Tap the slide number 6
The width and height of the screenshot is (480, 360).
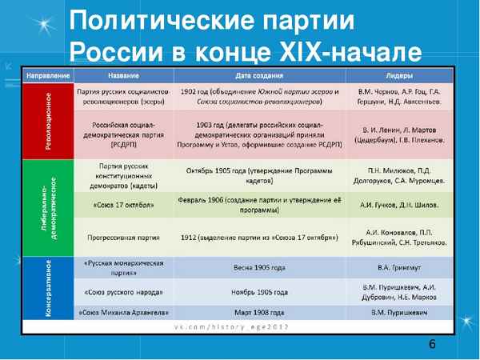pos(432,345)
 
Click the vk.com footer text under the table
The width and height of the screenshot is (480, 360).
pos(240,328)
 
